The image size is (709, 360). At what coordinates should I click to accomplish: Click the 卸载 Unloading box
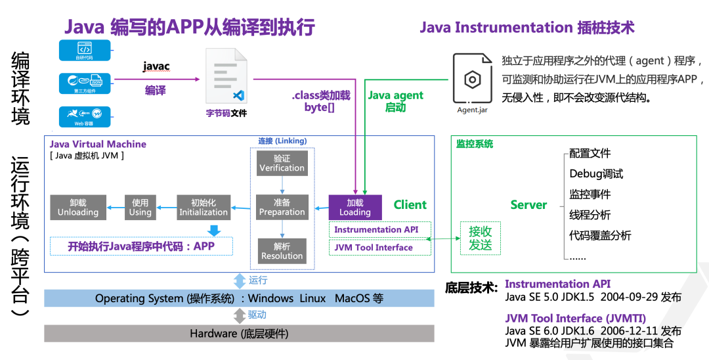pos(77,207)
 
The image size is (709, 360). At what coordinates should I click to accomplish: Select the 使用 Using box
pos(140,207)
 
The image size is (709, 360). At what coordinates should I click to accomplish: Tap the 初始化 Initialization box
pos(204,207)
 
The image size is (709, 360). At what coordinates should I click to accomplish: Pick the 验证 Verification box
pos(282,163)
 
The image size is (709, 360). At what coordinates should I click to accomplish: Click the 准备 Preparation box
pos(282,207)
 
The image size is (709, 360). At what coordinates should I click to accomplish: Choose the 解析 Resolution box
pos(282,251)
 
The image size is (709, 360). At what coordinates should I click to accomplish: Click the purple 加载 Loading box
pos(355,207)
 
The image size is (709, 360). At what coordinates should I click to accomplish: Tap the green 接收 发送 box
pos(481,239)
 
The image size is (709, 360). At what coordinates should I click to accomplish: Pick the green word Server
pos(528,205)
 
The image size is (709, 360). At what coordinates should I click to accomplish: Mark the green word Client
pos(410,205)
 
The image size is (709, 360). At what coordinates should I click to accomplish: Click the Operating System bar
pos(239,298)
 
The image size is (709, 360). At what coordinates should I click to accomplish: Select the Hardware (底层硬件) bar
pos(239,334)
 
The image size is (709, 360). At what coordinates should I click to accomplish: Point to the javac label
pos(156,66)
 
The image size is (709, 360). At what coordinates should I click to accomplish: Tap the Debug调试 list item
pos(596,174)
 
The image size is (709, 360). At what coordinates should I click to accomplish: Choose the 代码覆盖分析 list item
pos(600,235)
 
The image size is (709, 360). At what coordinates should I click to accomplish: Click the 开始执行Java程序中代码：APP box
pos(141,247)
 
